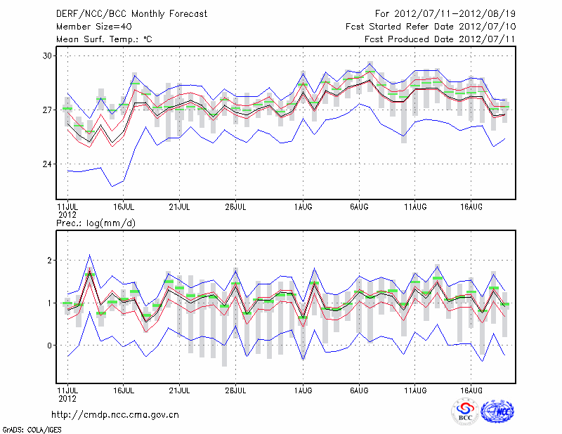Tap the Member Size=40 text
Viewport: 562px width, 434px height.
pos(88,26)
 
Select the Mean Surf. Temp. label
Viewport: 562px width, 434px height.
pos(104,39)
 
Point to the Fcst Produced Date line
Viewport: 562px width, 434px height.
pos(440,39)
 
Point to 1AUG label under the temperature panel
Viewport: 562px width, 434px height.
pos(303,207)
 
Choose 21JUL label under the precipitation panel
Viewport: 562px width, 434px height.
pos(179,389)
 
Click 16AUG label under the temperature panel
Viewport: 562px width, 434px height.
pos(471,207)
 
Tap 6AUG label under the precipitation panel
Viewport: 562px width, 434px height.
pos(359,389)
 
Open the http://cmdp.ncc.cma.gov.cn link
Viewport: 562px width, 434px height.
pos(115,414)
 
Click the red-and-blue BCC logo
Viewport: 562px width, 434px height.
pos(465,411)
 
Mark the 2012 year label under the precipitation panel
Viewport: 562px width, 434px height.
pos(67,397)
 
